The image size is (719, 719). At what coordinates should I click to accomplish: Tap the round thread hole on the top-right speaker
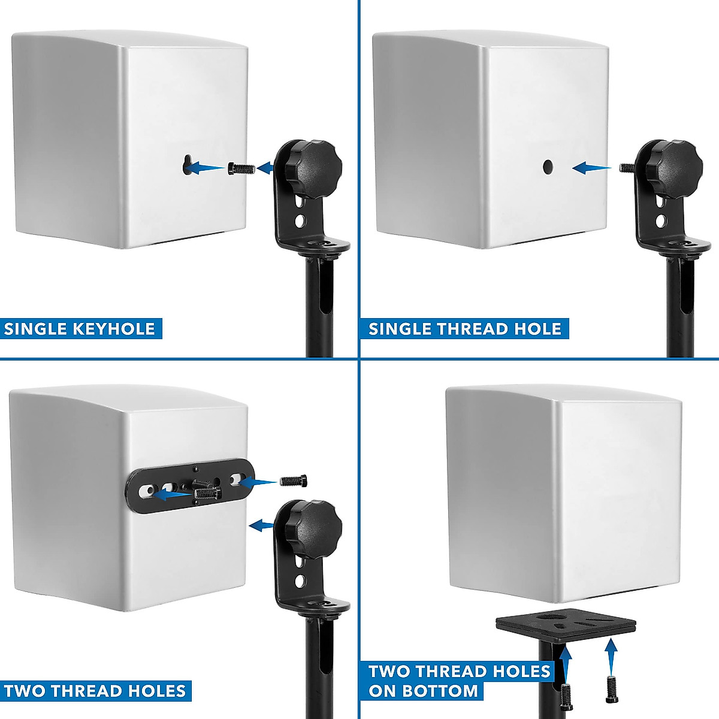click(x=548, y=167)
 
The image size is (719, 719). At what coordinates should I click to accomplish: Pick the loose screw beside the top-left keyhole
click(x=241, y=168)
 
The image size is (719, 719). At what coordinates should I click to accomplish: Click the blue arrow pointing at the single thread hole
click(x=591, y=168)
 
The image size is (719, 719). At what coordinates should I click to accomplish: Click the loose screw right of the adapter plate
click(x=294, y=481)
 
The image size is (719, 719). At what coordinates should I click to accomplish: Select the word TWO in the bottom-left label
click(x=25, y=690)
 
